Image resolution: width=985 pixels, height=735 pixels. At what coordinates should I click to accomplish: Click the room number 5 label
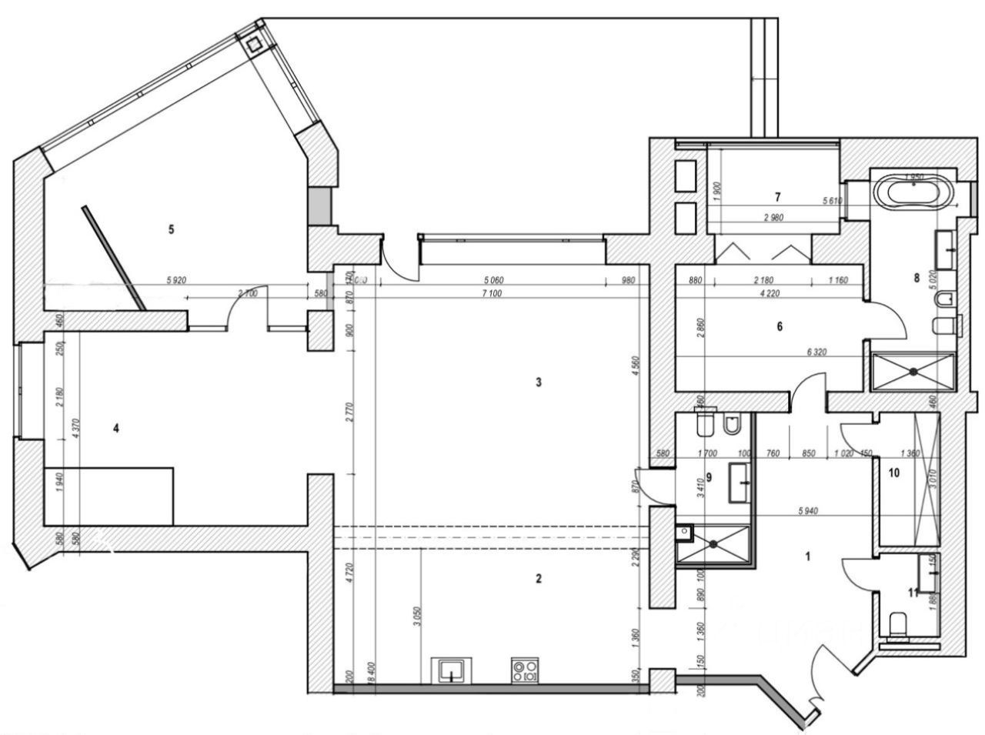[x=171, y=229]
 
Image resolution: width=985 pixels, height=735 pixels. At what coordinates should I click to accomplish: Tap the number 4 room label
[x=115, y=429]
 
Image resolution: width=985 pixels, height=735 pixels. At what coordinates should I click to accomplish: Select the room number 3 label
[x=539, y=382]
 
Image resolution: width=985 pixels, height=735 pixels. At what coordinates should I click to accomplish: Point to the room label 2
[x=539, y=578]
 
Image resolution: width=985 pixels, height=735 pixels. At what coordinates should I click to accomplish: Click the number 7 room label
[x=778, y=196]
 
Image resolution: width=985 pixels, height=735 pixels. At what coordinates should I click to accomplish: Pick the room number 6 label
[x=779, y=326]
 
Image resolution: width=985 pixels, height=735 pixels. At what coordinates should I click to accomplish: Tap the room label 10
[x=894, y=473]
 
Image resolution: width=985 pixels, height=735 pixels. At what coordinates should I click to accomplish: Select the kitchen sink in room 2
[x=451, y=670]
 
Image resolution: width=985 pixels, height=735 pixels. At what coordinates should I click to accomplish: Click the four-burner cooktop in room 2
[x=526, y=670]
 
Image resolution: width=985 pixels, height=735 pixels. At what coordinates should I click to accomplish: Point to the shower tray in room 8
[x=913, y=371]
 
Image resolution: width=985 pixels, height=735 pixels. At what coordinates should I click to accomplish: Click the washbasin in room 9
[x=739, y=483]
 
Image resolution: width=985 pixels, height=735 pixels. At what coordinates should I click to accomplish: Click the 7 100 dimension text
[x=490, y=293]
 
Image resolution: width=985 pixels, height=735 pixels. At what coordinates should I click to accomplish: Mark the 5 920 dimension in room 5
[x=176, y=281]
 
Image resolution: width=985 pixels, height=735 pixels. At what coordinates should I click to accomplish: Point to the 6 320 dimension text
[x=817, y=351]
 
